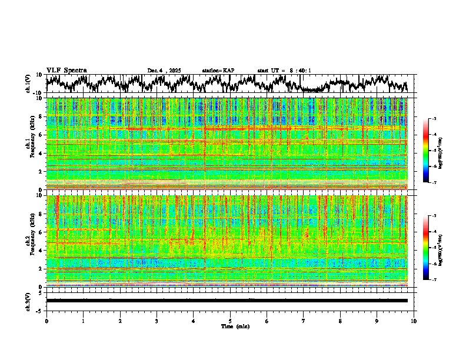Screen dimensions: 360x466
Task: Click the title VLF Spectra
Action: tap(66, 71)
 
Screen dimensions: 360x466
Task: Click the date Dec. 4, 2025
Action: tap(166, 71)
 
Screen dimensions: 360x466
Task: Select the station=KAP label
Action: tap(218, 71)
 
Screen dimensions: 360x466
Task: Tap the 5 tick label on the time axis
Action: tap(230, 321)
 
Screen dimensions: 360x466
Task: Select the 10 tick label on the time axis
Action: tap(414, 321)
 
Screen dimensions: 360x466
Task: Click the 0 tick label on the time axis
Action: tap(46, 321)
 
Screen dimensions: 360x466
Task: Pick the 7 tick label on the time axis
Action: tap(304, 321)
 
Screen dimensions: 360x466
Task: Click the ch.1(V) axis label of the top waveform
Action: tap(28, 84)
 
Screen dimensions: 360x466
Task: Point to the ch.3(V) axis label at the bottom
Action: tap(28, 300)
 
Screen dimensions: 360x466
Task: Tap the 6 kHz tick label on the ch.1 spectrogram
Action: tap(41, 135)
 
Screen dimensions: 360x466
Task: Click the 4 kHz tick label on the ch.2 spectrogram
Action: tap(41, 250)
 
